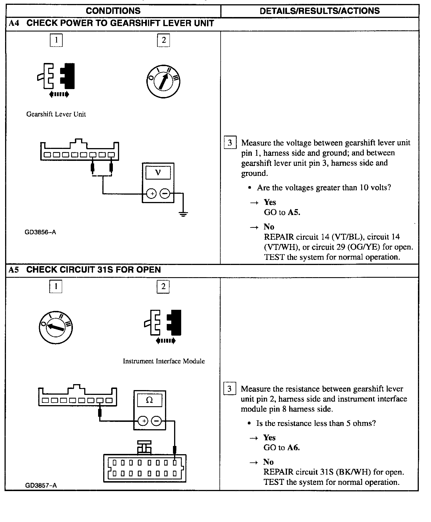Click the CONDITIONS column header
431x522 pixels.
coord(113,11)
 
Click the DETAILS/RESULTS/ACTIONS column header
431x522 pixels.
coord(320,11)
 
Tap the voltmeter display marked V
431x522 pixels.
coord(158,172)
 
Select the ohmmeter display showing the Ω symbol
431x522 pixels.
coord(149,400)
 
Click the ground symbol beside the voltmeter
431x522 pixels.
coord(183,214)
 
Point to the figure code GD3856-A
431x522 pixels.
coord(40,232)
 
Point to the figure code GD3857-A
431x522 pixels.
coord(41,485)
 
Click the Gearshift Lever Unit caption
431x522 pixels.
coord(56,114)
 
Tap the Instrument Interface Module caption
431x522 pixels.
coord(164,361)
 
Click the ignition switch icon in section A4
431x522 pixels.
coord(163,81)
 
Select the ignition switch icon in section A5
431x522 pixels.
coord(56,327)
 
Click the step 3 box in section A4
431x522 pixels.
coord(230,142)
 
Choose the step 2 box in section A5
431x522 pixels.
coord(163,287)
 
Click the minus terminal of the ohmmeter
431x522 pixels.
coord(156,421)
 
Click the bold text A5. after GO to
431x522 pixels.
coord(294,212)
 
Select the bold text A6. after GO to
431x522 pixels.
coord(293,448)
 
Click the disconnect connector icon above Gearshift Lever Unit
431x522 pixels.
coord(56,76)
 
